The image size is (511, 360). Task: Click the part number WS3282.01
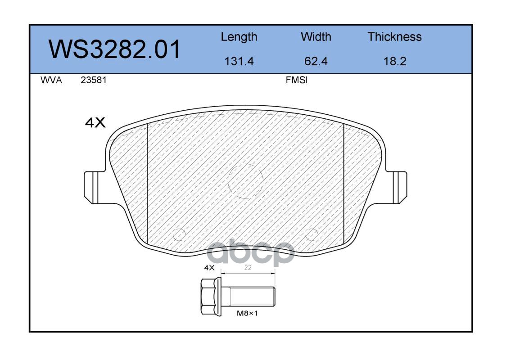pyautogui.click(x=114, y=49)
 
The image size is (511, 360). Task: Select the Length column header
pyautogui.click(x=239, y=37)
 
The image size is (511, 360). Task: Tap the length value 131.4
pyautogui.click(x=239, y=61)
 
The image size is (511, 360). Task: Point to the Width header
pyautogui.click(x=316, y=36)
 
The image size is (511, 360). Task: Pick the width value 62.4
pyautogui.click(x=316, y=61)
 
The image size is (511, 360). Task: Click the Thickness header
pyautogui.click(x=394, y=36)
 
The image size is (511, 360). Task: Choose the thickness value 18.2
pyautogui.click(x=395, y=61)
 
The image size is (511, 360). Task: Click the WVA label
pyautogui.click(x=51, y=80)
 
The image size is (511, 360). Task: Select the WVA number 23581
pyautogui.click(x=94, y=80)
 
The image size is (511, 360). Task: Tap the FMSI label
pyautogui.click(x=297, y=80)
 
